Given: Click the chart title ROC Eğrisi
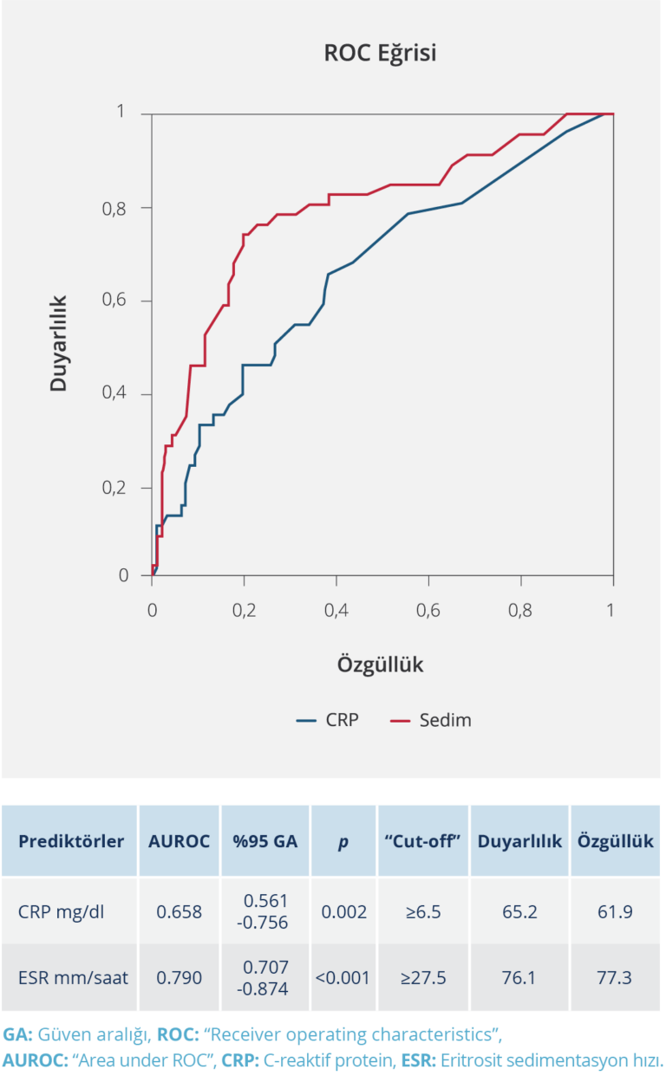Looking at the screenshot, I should click(x=380, y=54).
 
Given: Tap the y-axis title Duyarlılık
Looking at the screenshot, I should click(x=59, y=344).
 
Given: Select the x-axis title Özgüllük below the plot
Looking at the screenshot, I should click(x=380, y=664).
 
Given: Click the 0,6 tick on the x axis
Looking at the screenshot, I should click(x=428, y=610).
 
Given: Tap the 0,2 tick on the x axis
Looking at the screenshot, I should click(x=244, y=610).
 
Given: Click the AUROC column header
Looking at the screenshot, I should click(x=179, y=841).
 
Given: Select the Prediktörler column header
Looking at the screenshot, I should click(x=71, y=841).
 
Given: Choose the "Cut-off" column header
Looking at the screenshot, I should click(x=423, y=841).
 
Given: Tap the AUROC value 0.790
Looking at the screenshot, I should click(x=179, y=978).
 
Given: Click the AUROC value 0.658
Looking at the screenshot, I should click(x=179, y=911).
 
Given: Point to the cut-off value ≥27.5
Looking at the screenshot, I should click(x=423, y=978).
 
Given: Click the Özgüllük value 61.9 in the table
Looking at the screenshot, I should click(x=614, y=911).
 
